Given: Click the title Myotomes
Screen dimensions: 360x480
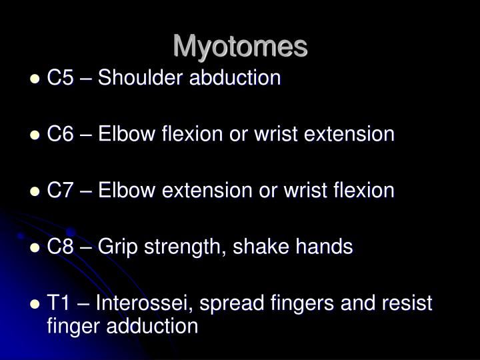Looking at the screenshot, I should (x=240, y=46).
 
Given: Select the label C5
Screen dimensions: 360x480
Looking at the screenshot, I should (x=61, y=78).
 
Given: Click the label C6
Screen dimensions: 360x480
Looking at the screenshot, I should (x=61, y=135).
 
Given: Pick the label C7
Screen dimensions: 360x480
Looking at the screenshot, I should (x=61, y=191).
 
